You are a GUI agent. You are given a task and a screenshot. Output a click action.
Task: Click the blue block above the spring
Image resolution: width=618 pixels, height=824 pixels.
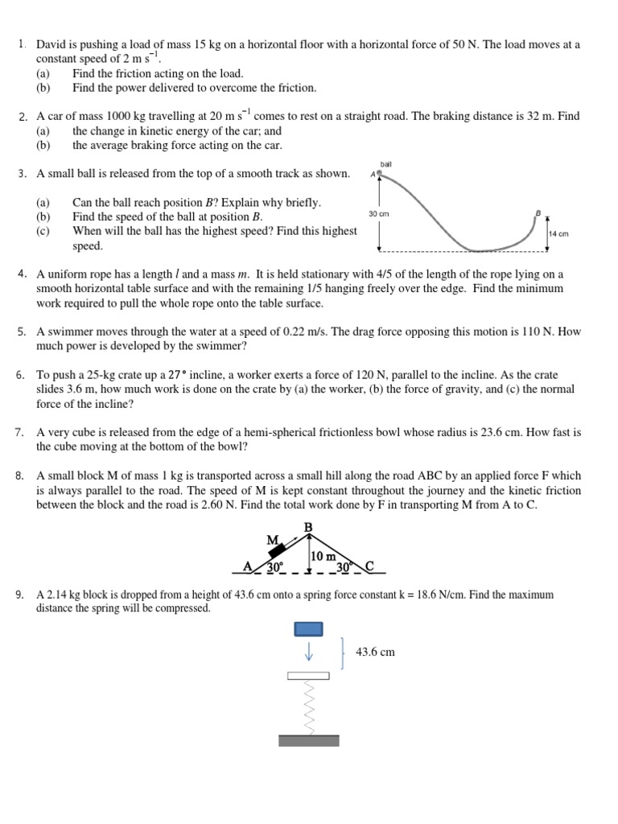pos(309,628)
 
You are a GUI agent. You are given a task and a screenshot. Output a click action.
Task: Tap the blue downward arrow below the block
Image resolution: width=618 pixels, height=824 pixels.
pos(309,651)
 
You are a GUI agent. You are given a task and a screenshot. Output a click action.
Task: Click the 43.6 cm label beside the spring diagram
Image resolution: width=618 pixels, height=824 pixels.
pos(375,652)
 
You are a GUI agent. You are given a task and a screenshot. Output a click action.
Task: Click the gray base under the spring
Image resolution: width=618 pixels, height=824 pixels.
pos(309,740)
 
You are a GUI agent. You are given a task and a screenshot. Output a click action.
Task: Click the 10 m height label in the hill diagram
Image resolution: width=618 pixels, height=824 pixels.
pos(324,556)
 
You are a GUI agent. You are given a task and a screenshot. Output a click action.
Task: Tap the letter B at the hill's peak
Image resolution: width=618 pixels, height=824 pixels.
pos(307,527)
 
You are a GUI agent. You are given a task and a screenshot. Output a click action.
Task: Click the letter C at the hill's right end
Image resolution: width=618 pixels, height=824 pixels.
pos(369,566)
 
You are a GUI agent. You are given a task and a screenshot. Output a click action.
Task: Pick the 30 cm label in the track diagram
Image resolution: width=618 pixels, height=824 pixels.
pos(378,214)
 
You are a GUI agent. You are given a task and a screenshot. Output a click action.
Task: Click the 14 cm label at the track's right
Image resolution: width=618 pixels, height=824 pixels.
pos(558,234)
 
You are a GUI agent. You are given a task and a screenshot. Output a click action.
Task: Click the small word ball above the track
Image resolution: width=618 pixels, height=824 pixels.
pos(385,163)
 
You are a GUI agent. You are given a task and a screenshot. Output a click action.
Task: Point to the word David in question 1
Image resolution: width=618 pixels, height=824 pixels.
pos(53,44)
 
